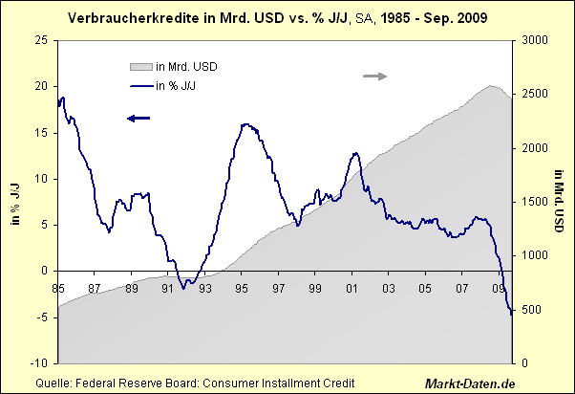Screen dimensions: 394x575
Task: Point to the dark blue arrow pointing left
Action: (138, 118)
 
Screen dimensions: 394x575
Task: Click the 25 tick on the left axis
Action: (41, 40)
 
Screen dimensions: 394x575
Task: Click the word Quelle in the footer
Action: (53, 383)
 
